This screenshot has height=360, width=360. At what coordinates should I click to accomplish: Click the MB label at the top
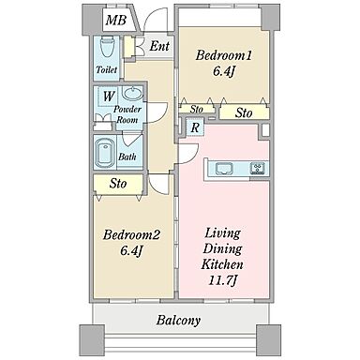(116, 20)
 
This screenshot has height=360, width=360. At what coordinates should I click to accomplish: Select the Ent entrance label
(159, 46)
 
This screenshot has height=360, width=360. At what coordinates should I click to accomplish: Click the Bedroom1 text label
(223, 56)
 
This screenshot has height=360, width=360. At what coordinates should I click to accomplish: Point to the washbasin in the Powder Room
(132, 93)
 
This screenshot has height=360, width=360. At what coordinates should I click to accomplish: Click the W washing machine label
(109, 97)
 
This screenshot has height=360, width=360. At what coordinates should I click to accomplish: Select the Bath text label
(127, 157)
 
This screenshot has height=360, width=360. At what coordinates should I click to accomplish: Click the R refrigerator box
(195, 127)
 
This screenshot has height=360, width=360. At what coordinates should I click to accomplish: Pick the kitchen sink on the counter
(225, 169)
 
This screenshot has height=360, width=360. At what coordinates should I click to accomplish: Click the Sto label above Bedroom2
(118, 184)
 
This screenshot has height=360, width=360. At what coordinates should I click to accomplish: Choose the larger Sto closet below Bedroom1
(244, 112)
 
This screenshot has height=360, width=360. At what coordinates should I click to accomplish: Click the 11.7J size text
(221, 280)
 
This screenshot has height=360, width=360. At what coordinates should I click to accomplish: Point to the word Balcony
(178, 321)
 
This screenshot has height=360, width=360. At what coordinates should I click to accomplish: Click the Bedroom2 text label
(131, 234)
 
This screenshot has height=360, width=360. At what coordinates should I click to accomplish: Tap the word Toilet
(107, 69)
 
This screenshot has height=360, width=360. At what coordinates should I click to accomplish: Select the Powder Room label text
(127, 114)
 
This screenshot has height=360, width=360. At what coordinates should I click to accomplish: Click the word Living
(222, 233)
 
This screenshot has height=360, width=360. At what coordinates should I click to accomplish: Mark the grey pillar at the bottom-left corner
(92, 339)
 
